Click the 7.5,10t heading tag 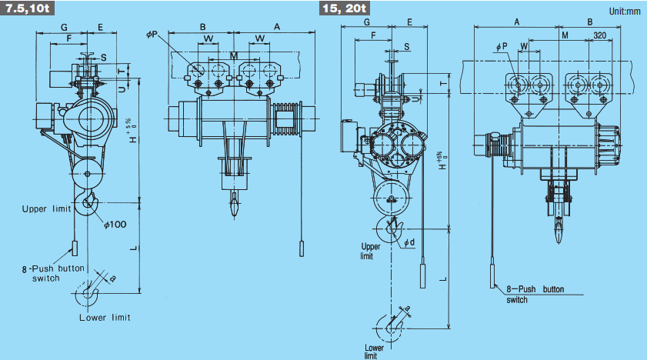[x=27, y=8]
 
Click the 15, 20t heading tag [x=344, y=8]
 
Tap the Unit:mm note [x=625, y=11]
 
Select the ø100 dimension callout [x=115, y=225]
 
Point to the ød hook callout [x=409, y=242]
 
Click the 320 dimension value [x=599, y=35]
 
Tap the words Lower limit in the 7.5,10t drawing [x=105, y=318]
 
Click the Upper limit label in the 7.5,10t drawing [x=46, y=209]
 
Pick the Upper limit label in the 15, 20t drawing [x=370, y=251]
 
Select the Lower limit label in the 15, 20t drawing [x=374, y=352]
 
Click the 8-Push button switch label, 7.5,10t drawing [x=53, y=273]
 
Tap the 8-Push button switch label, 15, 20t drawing [x=535, y=295]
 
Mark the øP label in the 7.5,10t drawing [x=152, y=35]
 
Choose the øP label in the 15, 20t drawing [x=502, y=47]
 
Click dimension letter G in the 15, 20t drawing [x=367, y=22]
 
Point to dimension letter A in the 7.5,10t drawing [x=277, y=26]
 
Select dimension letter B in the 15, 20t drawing [x=589, y=22]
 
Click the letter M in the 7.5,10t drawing [x=234, y=55]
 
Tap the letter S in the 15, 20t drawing [x=407, y=47]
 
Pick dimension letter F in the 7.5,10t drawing [x=69, y=38]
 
